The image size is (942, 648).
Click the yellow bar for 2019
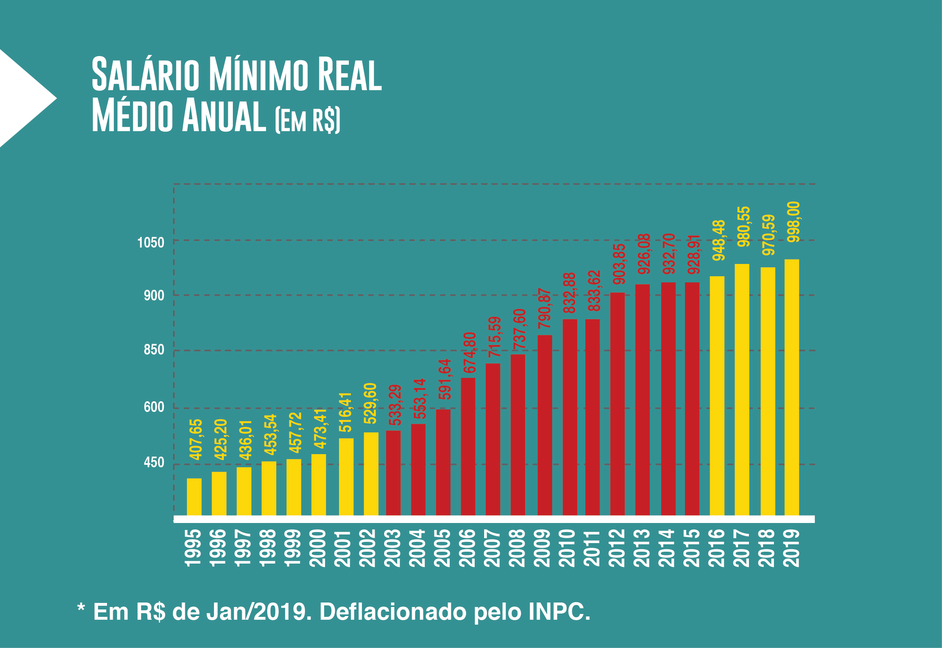click(x=792, y=387)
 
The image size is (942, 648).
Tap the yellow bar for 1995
click(x=194, y=496)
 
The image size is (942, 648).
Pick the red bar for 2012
click(x=617, y=403)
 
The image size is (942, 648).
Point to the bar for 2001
click(x=346, y=476)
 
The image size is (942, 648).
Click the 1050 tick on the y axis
click(x=151, y=243)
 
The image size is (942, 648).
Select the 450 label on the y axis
click(x=154, y=462)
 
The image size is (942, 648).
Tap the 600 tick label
click(x=154, y=407)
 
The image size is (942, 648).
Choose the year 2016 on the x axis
click(x=717, y=548)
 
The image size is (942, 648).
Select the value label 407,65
click(x=196, y=439)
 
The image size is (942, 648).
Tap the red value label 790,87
click(x=544, y=308)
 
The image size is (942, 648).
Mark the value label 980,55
click(x=744, y=226)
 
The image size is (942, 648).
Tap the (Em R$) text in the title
click(x=307, y=119)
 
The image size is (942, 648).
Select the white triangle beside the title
click(x=23, y=98)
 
